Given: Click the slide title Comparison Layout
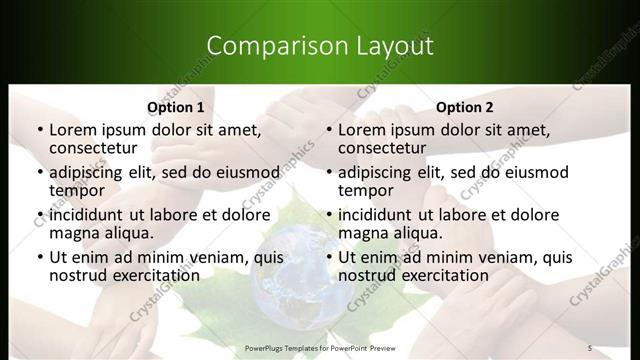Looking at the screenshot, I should coord(319,45).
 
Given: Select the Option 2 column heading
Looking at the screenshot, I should coord(465,107).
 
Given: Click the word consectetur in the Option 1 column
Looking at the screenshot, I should coord(93,148).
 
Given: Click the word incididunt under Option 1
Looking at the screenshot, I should coord(87,215).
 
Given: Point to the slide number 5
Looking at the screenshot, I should coord(590,347).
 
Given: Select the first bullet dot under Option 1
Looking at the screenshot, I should coord(39,130).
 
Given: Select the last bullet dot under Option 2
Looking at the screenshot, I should coord(328,258).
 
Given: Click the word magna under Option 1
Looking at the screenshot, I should coord(73,234).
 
